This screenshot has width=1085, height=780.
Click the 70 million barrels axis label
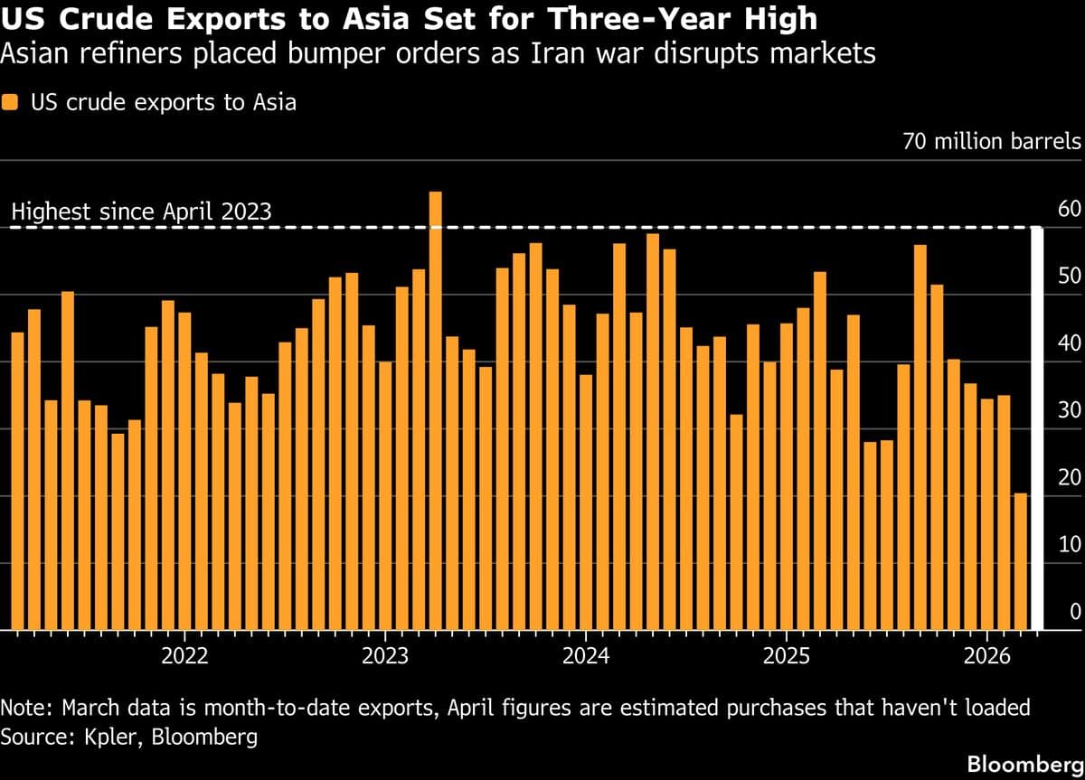992,142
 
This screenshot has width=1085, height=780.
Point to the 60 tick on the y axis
1069,211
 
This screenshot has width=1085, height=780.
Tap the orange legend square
11,102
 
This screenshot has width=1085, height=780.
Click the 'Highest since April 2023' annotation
141,212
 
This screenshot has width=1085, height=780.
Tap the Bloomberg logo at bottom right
1024,764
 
